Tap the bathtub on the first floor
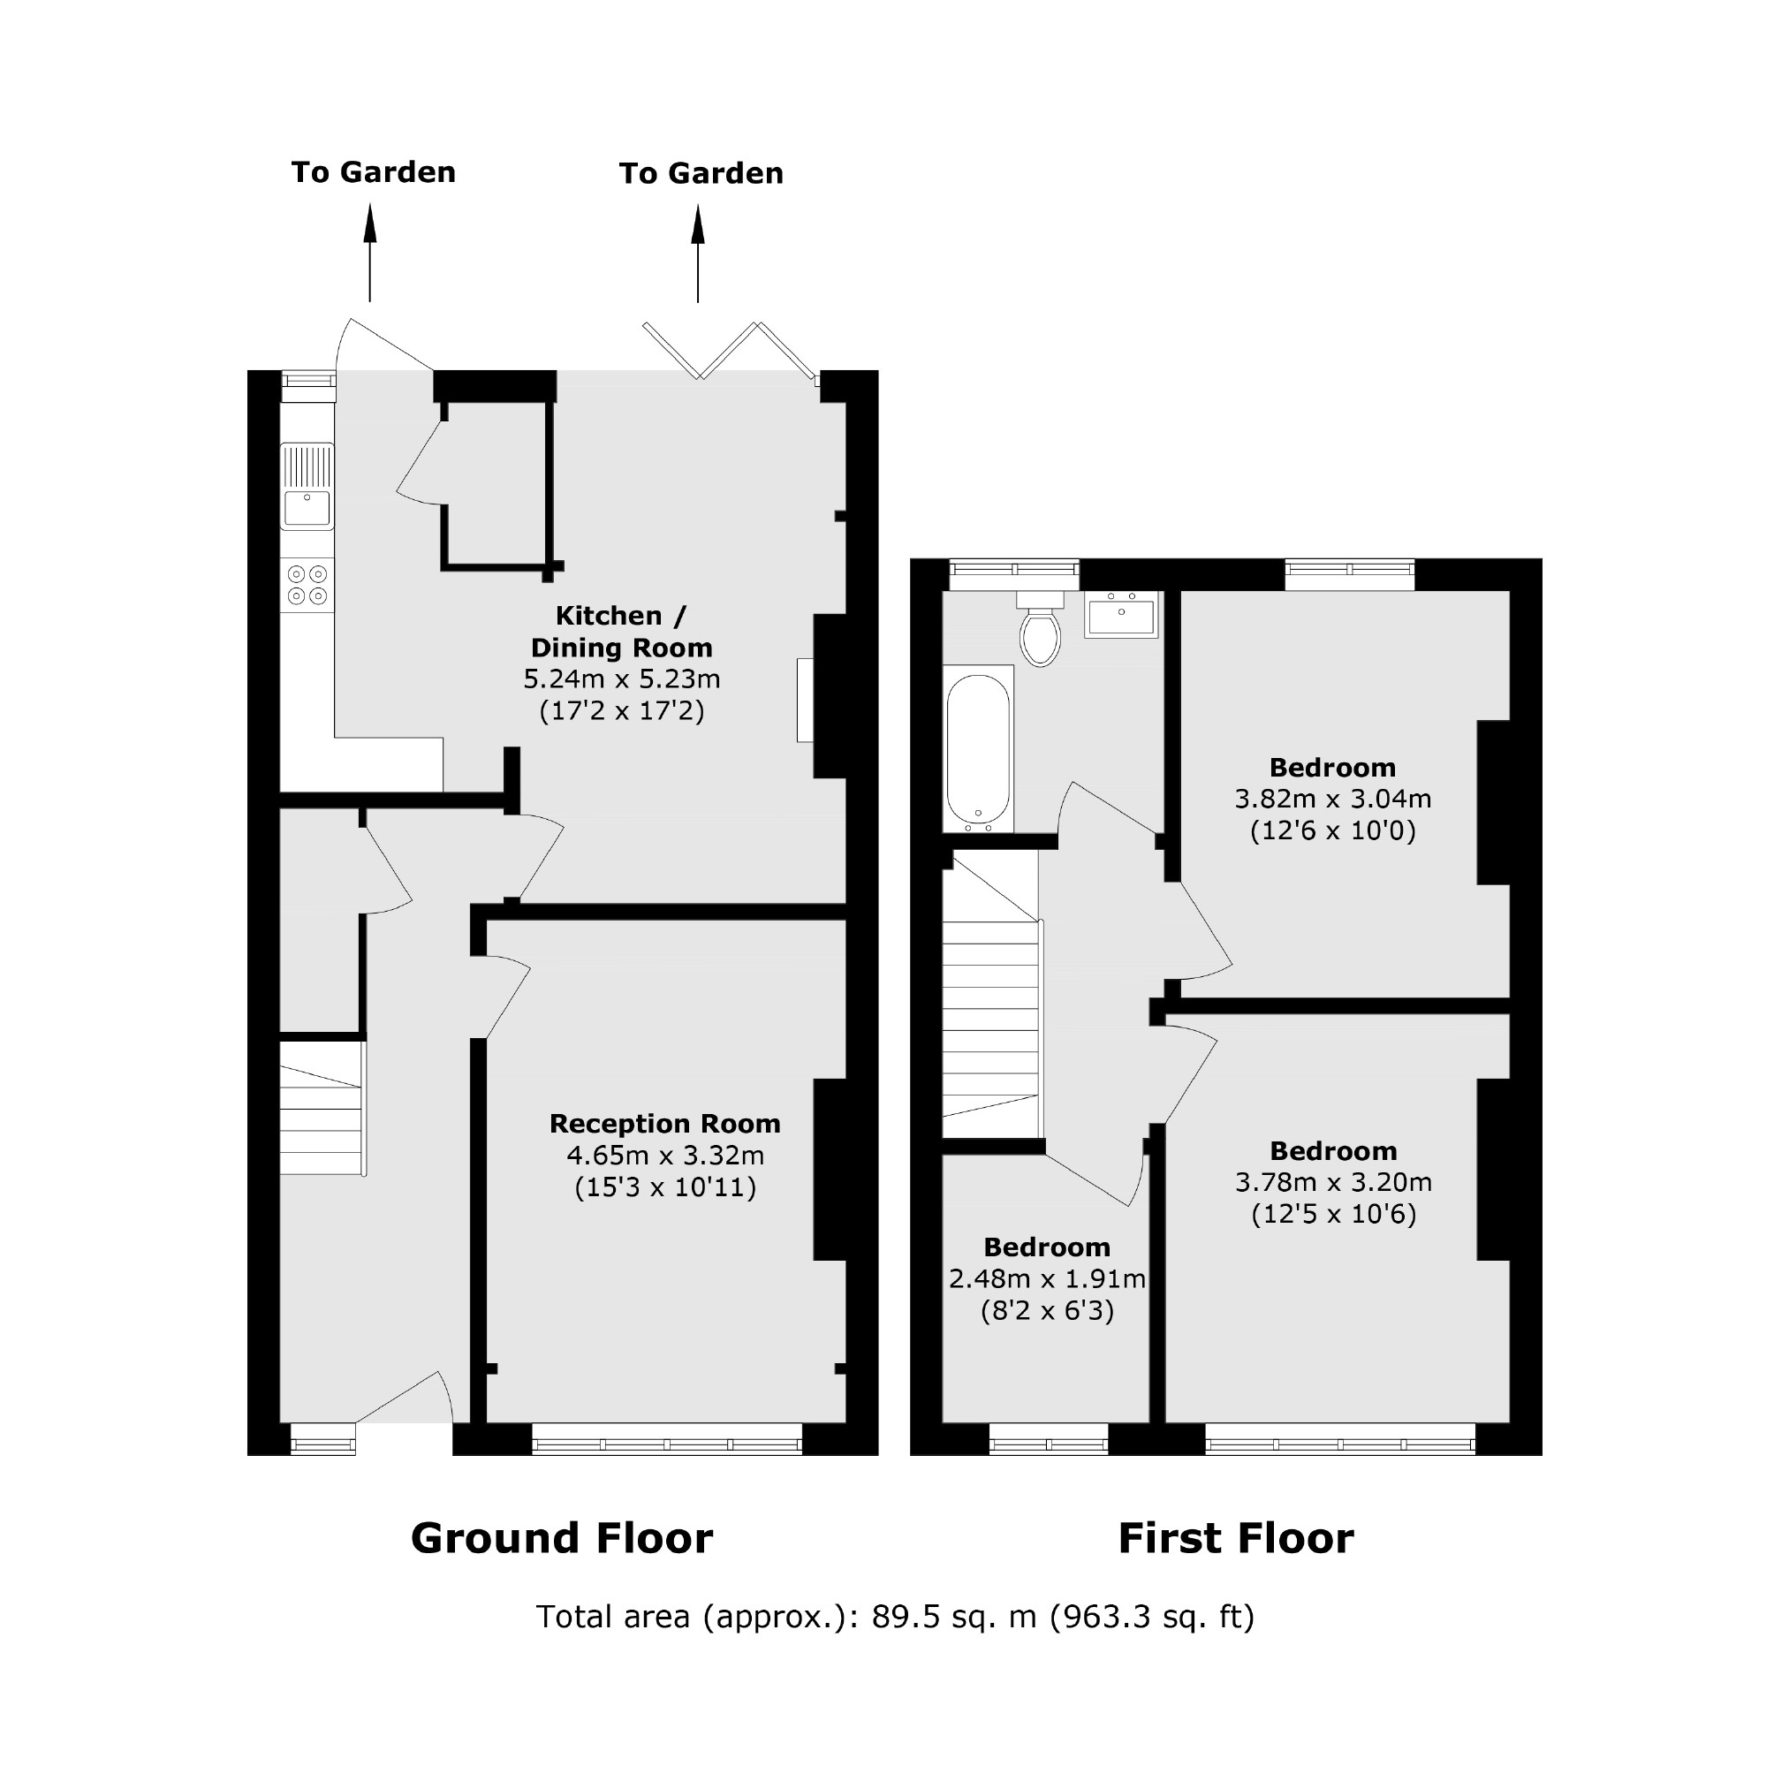pyautogui.click(x=978, y=750)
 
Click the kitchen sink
pyautogui.click(x=307, y=488)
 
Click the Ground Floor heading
pyautogui.click(x=561, y=1538)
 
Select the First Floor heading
pyautogui.click(x=1235, y=1538)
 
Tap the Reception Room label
pyautogui.click(x=665, y=1124)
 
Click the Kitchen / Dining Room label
pyautogui.click(x=620, y=632)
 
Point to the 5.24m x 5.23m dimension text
pyautogui.click(x=621, y=679)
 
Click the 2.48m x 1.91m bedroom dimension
pyautogui.click(x=1046, y=1278)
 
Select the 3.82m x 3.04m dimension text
pyautogui.click(x=1332, y=798)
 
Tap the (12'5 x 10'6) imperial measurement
pyautogui.click(x=1333, y=1214)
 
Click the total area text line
pyautogui.click(x=894, y=1617)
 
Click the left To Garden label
pyautogui.click(x=373, y=172)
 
